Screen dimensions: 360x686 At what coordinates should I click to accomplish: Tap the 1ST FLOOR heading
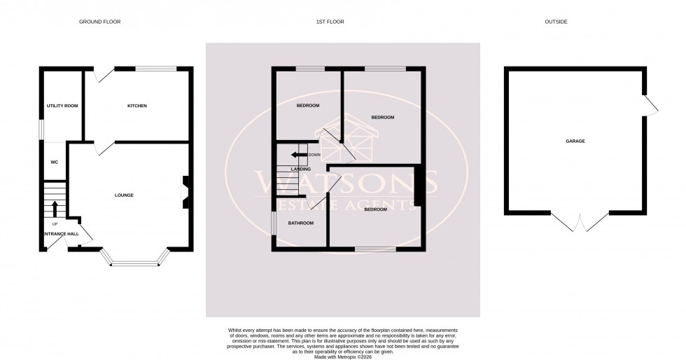click(x=330, y=22)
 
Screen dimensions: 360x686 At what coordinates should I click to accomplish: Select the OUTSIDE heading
click(x=556, y=22)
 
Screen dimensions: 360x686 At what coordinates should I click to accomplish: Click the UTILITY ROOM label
click(x=62, y=106)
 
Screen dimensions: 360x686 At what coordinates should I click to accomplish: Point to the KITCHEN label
click(x=136, y=106)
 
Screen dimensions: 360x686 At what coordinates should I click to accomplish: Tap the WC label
click(x=54, y=162)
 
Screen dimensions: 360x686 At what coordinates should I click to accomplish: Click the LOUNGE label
click(x=125, y=195)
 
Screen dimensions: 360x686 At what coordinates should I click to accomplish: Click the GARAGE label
click(x=575, y=141)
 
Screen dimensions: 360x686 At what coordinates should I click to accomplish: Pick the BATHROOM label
click(x=301, y=223)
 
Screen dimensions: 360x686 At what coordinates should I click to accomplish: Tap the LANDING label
click(x=301, y=169)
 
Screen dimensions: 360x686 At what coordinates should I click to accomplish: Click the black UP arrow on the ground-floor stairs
click(x=55, y=207)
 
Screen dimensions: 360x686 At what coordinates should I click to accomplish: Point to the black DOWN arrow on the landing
click(x=300, y=155)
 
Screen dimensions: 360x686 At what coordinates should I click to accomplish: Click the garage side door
click(x=650, y=106)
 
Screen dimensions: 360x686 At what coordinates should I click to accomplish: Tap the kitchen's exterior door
click(x=102, y=74)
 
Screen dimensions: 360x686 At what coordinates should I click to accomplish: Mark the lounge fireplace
click(x=185, y=191)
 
